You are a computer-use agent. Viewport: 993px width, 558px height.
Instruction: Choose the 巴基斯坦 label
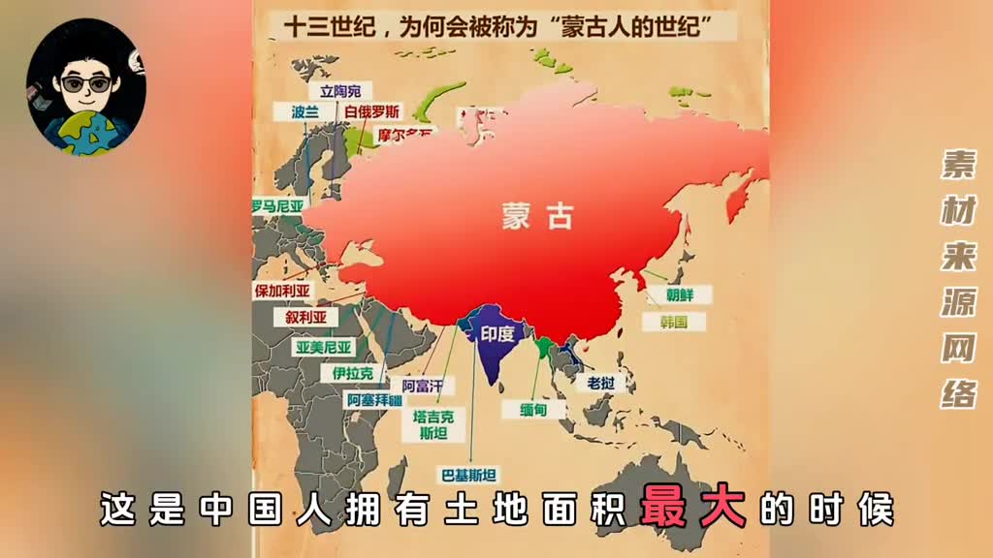point(469,475)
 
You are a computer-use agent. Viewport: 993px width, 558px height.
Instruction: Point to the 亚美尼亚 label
point(325,346)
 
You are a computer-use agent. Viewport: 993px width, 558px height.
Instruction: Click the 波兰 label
point(304,111)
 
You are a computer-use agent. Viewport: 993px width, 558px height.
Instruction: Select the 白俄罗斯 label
point(372,111)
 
